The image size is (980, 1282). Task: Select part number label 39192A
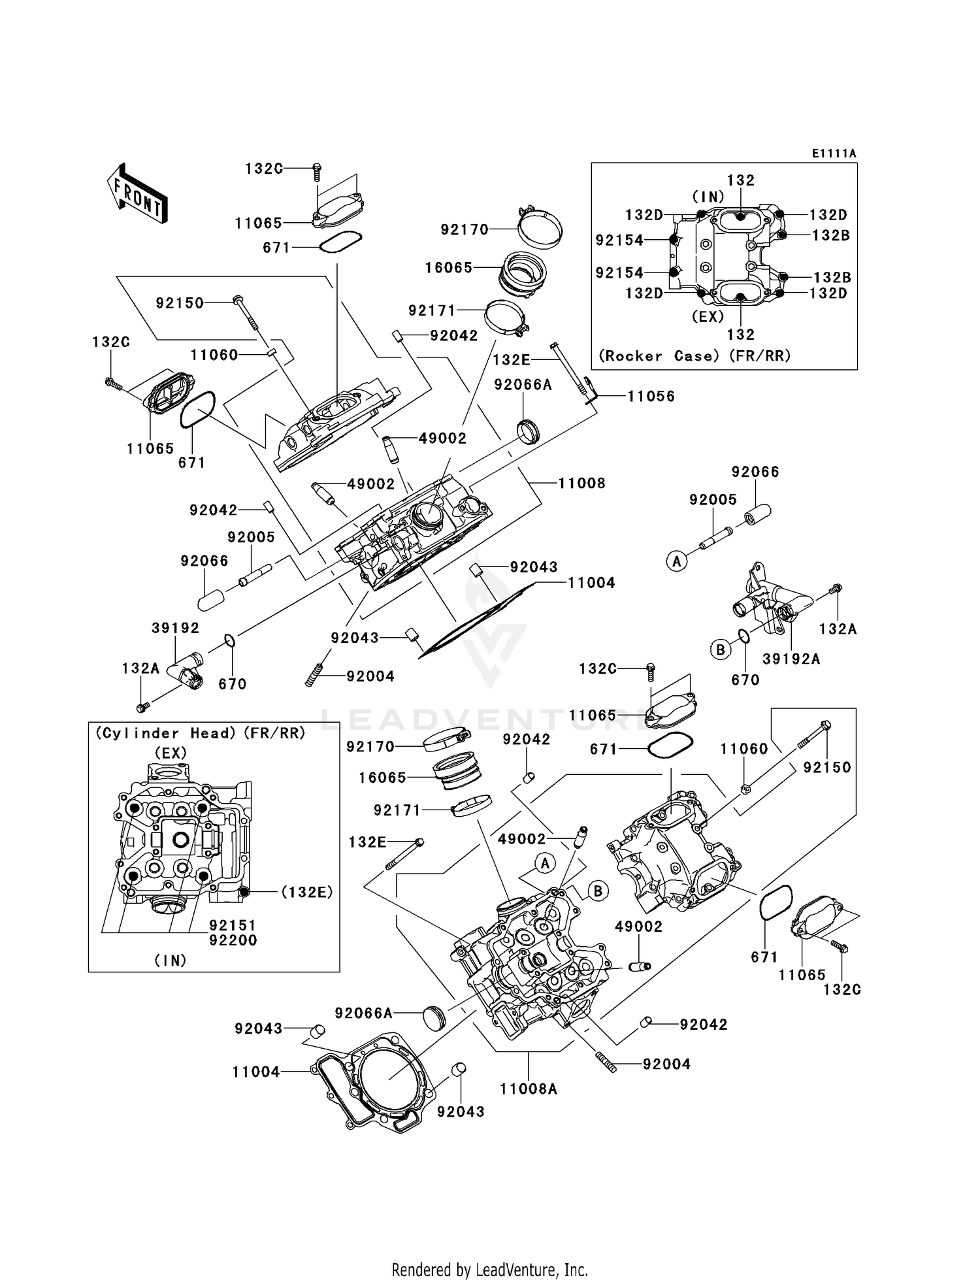pyautogui.click(x=791, y=659)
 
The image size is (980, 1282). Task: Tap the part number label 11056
pyautogui.click(x=651, y=396)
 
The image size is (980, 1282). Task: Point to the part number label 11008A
pyautogui.click(x=528, y=1089)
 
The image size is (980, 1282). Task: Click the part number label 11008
pyautogui.click(x=581, y=483)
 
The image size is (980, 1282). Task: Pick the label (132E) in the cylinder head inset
pyautogui.click(x=307, y=892)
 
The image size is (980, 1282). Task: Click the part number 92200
pyautogui.click(x=233, y=940)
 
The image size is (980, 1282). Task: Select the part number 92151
pyautogui.click(x=233, y=925)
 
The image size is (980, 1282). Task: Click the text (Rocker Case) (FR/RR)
pyautogui.click(x=694, y=355)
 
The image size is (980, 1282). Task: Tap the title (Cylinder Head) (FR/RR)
pyautogui.click(x=201, y=733)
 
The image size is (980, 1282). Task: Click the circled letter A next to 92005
pyautogui.click(x=677, y=561)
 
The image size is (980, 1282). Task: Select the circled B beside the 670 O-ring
pyautogui.click(x=720, y=649)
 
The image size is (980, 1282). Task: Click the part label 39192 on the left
pyautogui.click(x=175, y=627)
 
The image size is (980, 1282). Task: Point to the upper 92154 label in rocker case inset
pyautogui.click(x=619, y=240)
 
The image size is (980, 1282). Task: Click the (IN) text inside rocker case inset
pyautogui.click(x=708, y=196)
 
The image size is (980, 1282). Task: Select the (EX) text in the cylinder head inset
pyautogui.click(x=170, y=753)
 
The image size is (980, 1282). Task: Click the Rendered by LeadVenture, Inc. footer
pyautogui.click(x=489, y=1270)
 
